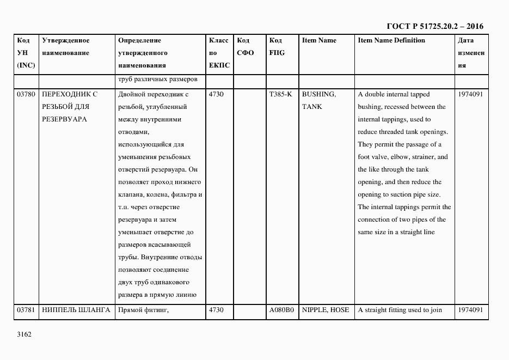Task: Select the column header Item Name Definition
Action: click(391, 40)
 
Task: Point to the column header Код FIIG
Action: click(277, 47)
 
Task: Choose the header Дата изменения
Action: click(471, 53)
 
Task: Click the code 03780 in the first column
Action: click(26, 94)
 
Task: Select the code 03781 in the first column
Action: click(26, 310)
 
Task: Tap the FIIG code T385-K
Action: click(280, 94)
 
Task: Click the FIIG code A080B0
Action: click(281, 310)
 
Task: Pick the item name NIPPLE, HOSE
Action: click(326, 310)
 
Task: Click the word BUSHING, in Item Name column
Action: click(318, 94)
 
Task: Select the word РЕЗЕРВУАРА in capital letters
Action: click(64, 119)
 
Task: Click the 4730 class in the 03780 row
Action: click(216, 94)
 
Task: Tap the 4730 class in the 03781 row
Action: click(216, 310)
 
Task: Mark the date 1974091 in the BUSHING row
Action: click(470, 94)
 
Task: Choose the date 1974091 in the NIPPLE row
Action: click(470, 310)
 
